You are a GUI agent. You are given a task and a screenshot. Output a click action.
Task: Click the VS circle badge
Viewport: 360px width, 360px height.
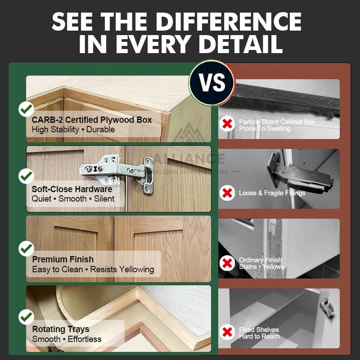[211, 83]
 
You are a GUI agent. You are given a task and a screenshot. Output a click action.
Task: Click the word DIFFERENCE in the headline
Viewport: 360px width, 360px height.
[229, 22]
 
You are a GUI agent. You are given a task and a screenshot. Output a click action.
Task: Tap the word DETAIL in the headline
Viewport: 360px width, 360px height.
[241, 44]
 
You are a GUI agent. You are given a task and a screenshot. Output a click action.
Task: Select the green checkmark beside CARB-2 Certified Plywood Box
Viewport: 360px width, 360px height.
[26, 109]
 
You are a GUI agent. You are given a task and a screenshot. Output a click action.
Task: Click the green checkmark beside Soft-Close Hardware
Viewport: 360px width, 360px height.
[26, 176]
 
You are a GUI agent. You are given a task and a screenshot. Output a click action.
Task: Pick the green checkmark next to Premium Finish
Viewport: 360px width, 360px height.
[26, 249]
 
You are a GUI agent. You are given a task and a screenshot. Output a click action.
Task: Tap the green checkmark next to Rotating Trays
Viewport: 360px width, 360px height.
[26, 317]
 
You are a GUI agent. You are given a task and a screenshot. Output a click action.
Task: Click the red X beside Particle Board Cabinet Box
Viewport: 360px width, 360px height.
[227, 124]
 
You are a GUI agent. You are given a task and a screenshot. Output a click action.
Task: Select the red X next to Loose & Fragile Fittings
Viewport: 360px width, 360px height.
[227, 193]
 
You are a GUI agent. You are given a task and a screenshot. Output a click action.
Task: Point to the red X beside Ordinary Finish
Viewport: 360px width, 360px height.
[227, 263]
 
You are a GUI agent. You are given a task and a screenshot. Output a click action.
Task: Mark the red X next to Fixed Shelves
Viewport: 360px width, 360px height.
[227, 332]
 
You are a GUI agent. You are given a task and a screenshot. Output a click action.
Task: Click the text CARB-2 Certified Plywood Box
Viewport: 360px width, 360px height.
[92, 120]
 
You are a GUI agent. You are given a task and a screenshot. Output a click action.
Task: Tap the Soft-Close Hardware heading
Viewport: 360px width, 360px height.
[72, 189]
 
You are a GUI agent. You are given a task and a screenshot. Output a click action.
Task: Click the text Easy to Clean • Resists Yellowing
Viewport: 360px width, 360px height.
[93, 269]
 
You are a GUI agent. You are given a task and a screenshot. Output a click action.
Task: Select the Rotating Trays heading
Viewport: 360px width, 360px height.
[61, 329]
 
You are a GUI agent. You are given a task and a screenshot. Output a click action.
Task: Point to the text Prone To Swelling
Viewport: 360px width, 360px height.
[265, 129]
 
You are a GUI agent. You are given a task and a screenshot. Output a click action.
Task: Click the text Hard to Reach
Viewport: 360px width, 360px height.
[259, 337]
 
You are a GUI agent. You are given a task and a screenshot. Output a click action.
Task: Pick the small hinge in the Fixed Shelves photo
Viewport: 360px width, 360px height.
[327, 308]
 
